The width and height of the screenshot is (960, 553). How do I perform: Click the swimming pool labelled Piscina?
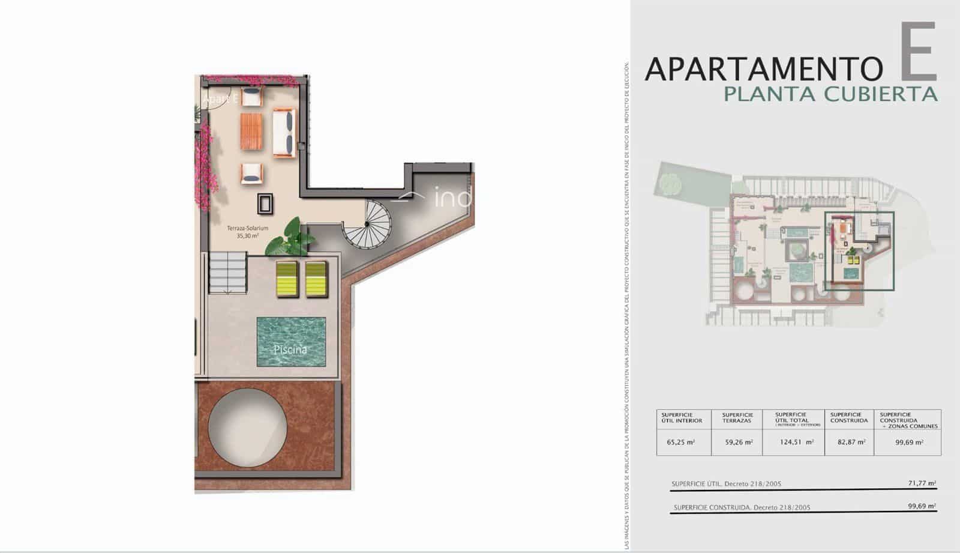(291, 342)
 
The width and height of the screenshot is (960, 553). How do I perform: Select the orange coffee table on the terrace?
(253, 131)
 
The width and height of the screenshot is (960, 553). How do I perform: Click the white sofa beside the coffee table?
(284, 133)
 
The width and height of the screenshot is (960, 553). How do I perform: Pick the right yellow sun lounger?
(316, 279)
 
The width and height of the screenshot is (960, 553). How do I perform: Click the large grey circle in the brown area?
(247, 427)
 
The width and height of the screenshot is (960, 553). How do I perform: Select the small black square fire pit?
(265, 204)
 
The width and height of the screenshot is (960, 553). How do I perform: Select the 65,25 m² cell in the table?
(680, 443)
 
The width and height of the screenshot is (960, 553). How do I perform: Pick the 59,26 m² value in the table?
(737, 443)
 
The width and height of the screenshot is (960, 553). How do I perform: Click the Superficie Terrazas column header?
(737, 417)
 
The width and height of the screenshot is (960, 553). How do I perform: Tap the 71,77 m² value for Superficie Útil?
(923, 483)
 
